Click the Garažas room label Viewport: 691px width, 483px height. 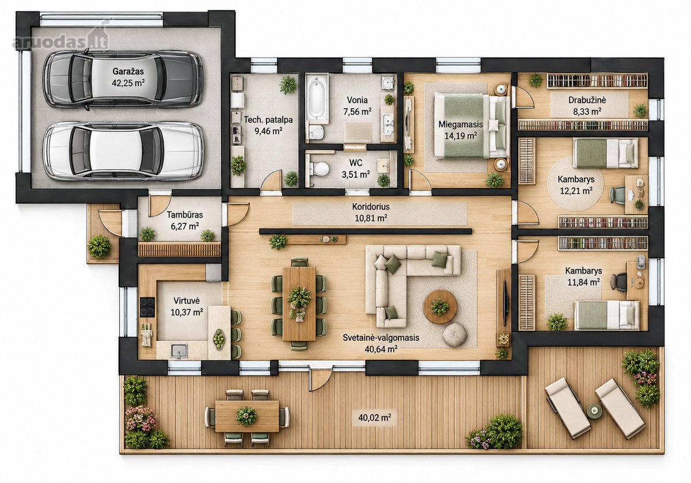point(128,71)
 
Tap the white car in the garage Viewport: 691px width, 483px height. point(123,151)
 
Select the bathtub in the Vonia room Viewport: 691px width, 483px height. point(317,97)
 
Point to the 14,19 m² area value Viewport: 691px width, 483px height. point(461,136)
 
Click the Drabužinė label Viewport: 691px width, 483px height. point(587,100)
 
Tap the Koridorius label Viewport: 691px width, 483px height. point(371,207)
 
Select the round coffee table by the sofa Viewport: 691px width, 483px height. point(440,307)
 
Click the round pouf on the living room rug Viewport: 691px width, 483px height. point(454,334)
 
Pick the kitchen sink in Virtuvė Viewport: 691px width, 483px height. point(179,351)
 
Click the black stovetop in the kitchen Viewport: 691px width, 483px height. point(147,307)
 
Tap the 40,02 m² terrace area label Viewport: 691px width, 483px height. point(375,418)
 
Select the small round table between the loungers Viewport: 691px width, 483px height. point(594,411)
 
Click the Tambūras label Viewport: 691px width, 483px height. point(185,215)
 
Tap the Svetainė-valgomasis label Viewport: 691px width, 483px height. point(381,338)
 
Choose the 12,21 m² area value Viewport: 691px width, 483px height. point(576,191)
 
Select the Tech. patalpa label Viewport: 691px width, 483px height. point(268,120)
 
